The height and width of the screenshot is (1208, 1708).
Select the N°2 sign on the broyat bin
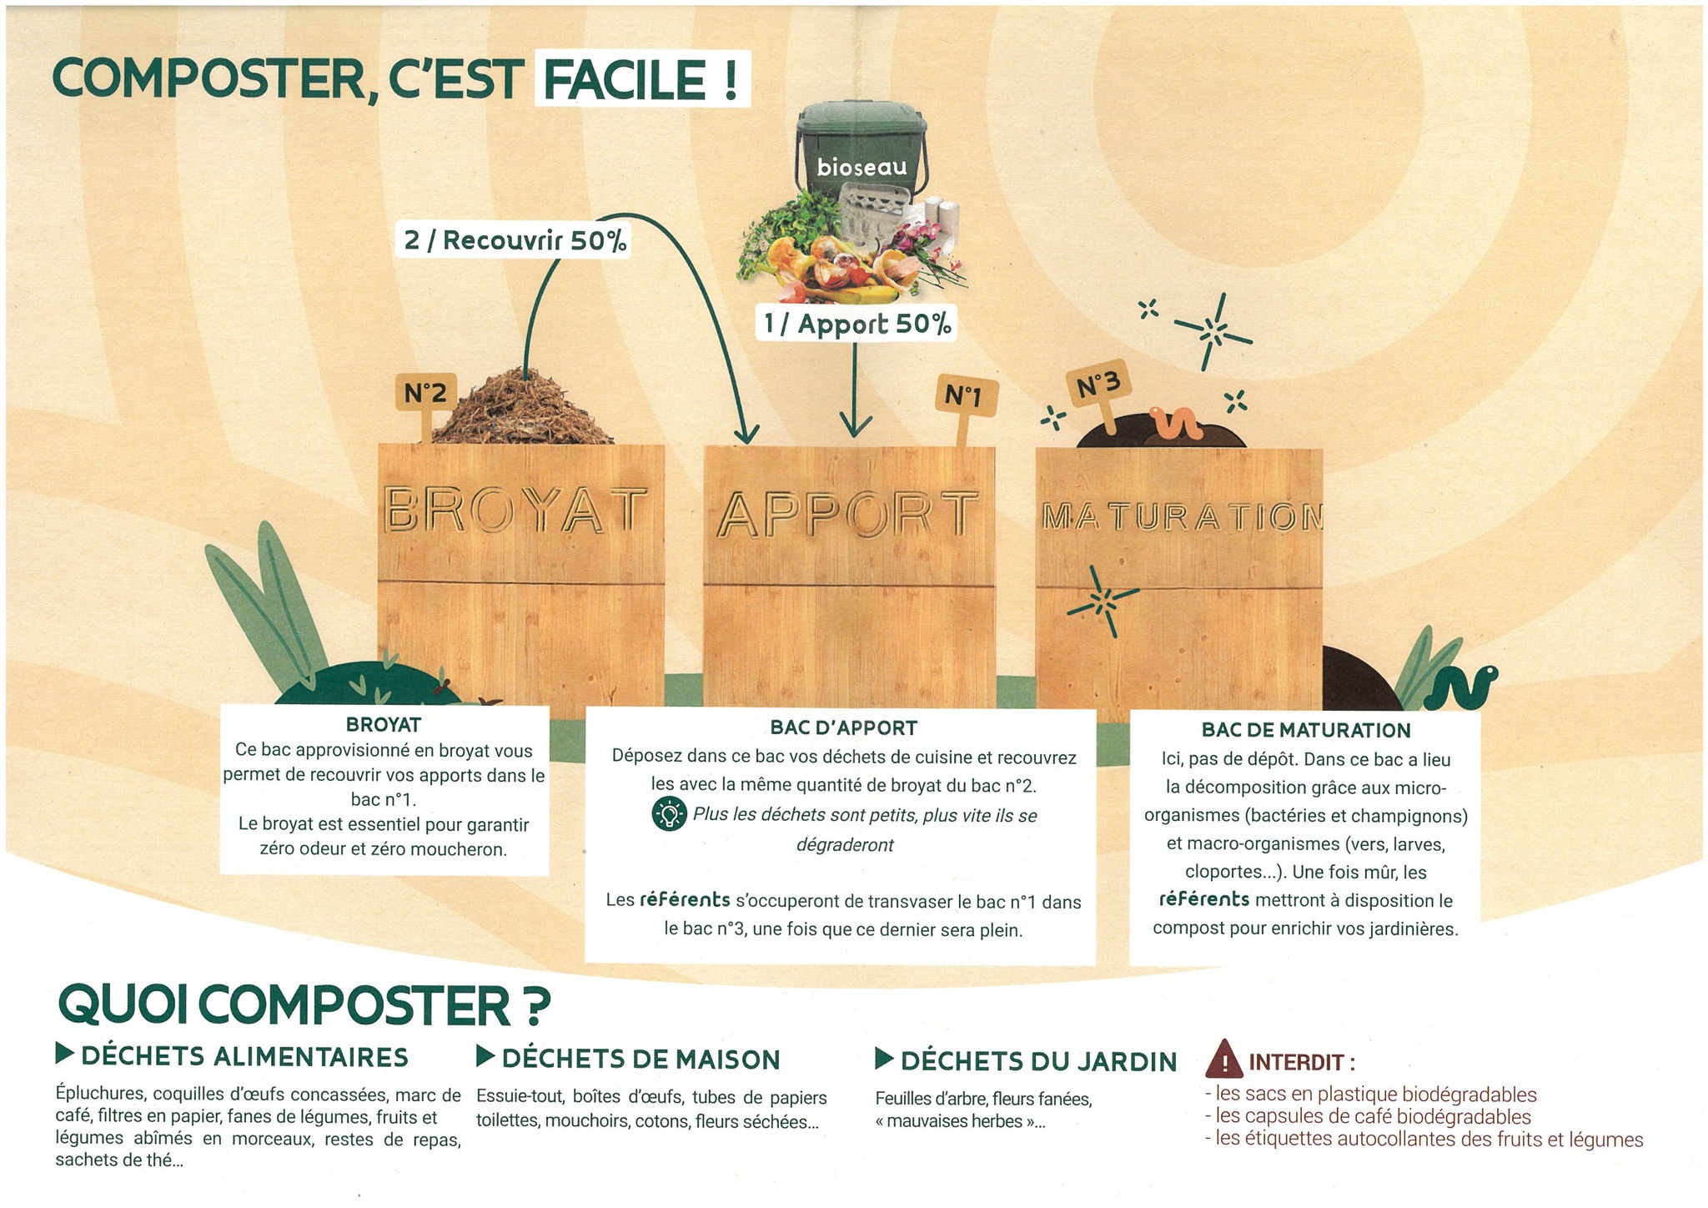pyautogui.click(x=425, y=392)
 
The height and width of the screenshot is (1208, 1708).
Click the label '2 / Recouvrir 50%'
pyautogui.click(x=515, y=240)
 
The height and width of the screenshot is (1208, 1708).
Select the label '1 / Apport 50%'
pyautogui.click(x=857, y=324)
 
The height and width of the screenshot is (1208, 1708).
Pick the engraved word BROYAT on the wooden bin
pyautogui.click(x=515, y=510)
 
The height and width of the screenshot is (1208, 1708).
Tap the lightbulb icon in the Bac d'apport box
pyautogui.click(x=668, y=814)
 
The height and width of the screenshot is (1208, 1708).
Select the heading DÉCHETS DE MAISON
pyautogui.click(x=640, y=1060)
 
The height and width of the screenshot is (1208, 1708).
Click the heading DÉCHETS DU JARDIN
pyautogui.click(x=1038, y=1061)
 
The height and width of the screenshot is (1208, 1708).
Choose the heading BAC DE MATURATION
pyautogui.click(x=1305, y=730)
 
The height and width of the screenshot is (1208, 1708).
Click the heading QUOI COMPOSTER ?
pyautogui.click(x=304, y=1006)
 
